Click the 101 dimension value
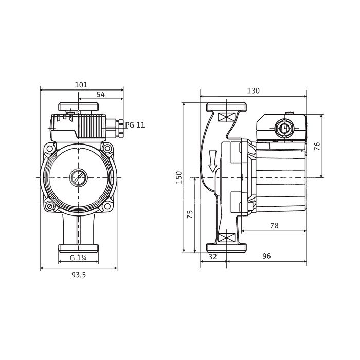[x=81, y=85]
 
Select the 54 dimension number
[x=101, y=94]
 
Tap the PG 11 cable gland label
[x=135, y=125]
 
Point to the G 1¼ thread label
[x=78, y=258]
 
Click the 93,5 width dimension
[x=79, y=275]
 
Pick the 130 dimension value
[x=253, y=91]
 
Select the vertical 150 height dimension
[x=179, y=177]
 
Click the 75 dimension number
[x=190, y=214]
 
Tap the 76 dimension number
[x=317, y=146]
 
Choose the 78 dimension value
[x=274, y=226]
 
